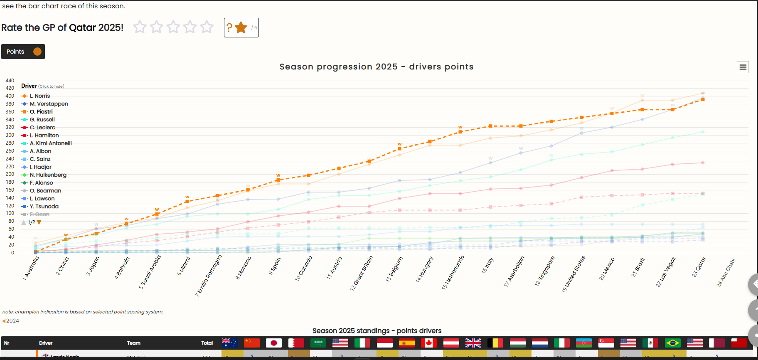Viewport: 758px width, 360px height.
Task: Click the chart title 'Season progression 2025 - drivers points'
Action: pyautogui.click(x=376, y=67)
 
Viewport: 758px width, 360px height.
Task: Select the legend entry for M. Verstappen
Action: pyautogui.click(x=49, y=104)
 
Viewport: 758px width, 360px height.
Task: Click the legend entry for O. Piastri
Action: pyautogui.click(x=41, y=112)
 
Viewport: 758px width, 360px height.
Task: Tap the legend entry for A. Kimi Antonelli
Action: pyautogui.click(x=50, y=143)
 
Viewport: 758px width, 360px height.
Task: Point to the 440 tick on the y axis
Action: pyautogui.click(x=10, y=81)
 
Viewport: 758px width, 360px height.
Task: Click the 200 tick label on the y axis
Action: pyautogui.click(x=10, y=174)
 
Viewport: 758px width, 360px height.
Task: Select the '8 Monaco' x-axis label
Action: pyautogui.click(x=244, y=268)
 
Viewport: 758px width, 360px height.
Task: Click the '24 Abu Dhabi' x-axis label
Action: pyautogui.click(x=726, y=272)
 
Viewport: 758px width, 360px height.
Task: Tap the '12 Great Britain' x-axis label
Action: pyautogui.click(x=362, y=273)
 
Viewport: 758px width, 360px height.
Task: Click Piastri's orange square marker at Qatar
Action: pyautogui.click(x=703, y=99)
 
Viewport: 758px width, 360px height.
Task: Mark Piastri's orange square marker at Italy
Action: pyautogui.click(x=490, y=126)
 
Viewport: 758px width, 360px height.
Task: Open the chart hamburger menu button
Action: pyautogui.click(x=743, y=67)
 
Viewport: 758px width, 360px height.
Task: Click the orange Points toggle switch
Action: pyautogui.click(x=37, y=52)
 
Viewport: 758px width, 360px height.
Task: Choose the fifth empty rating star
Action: pyautogui.click(x=207, y=27)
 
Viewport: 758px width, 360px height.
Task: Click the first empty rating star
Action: pyautogui.click(x=140, y=27)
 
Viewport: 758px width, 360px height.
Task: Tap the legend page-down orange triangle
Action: pyautogui.click(x=39, y=222)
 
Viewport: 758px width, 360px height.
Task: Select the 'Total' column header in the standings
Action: pyautogui.click(x=207, y=343)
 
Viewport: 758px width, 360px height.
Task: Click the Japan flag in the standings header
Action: pyautogui.click(x=274, y=343)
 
